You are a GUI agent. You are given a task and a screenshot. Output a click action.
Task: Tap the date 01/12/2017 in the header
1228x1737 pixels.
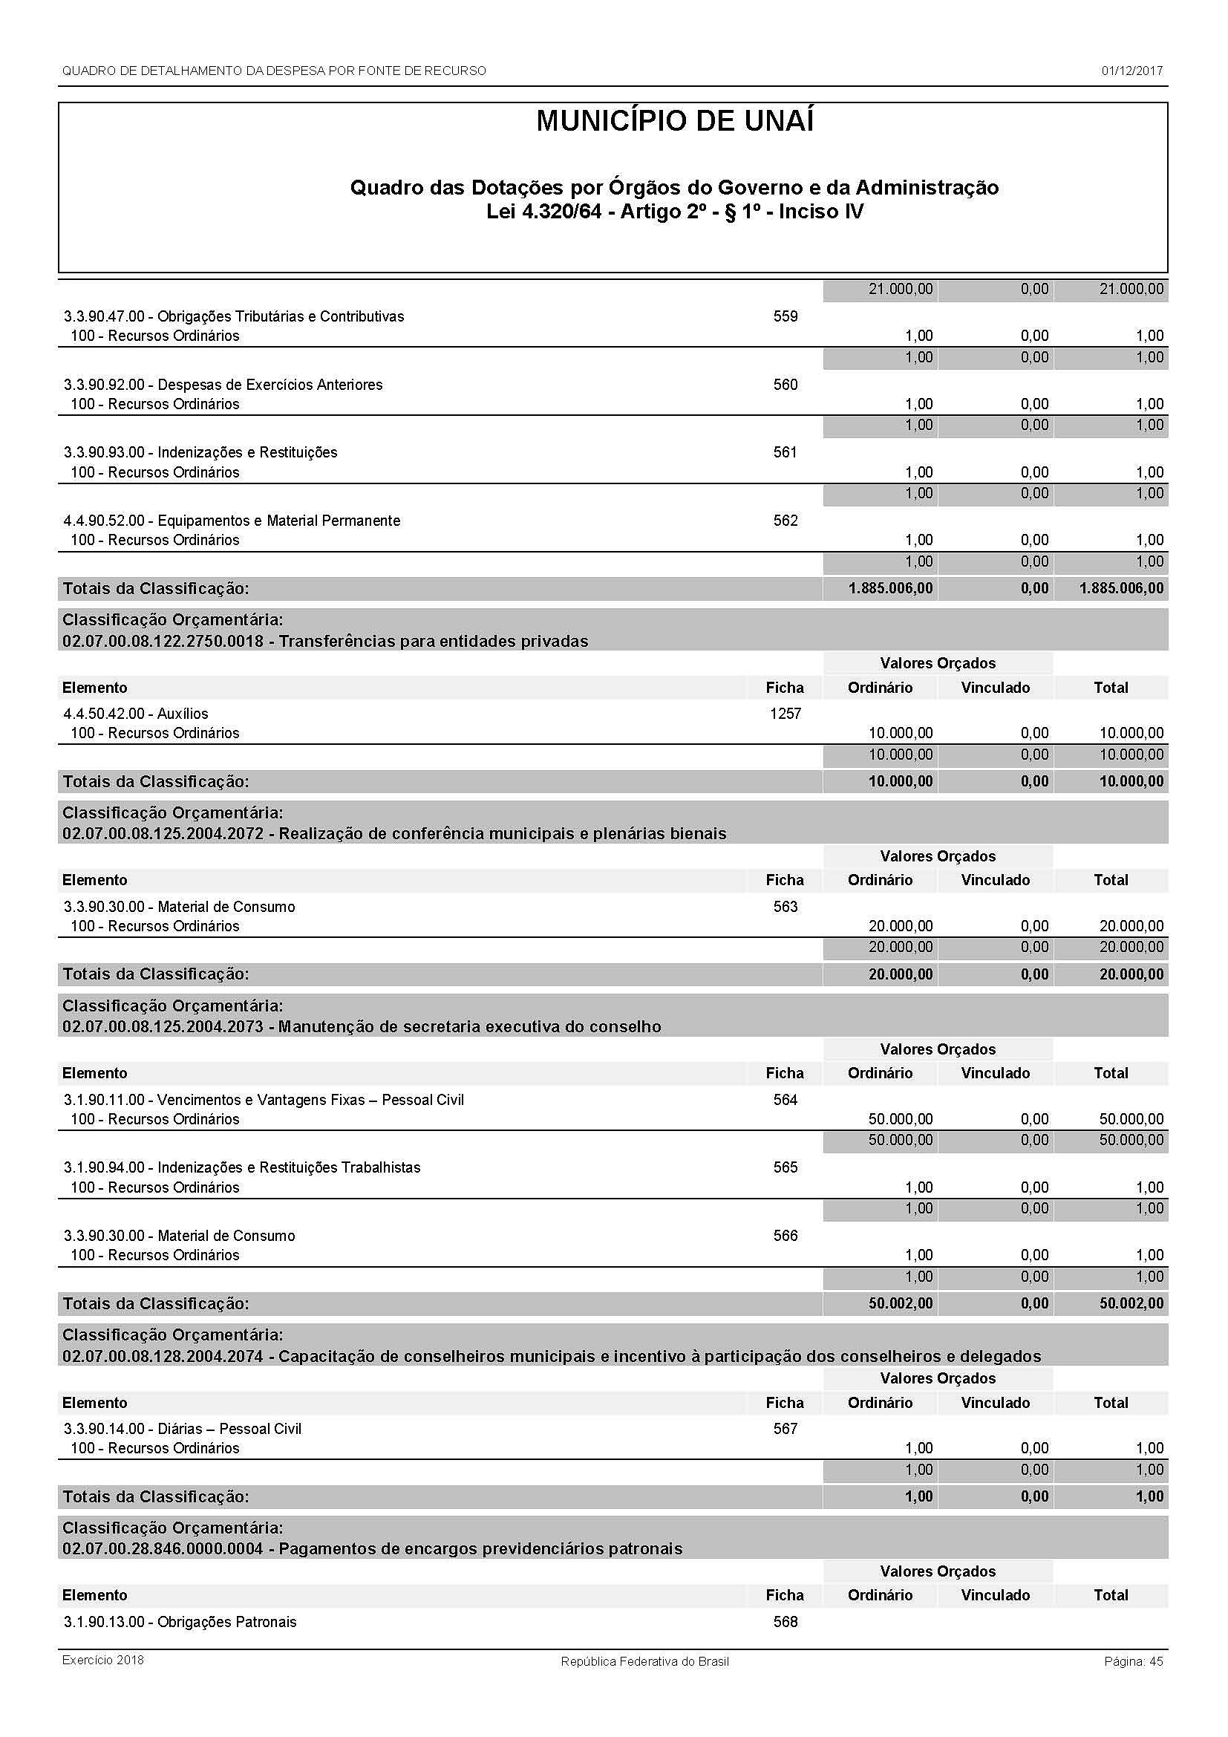1131,71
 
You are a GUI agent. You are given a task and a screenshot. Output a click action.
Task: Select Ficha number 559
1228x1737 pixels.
785,316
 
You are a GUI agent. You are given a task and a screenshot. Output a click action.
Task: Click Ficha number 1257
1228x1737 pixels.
785,714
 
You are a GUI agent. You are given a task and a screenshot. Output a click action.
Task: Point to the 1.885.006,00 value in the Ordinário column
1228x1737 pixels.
890,589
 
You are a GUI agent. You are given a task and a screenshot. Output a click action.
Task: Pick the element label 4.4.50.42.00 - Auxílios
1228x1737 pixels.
136,714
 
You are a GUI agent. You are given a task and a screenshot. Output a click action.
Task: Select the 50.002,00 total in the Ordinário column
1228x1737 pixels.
900,1303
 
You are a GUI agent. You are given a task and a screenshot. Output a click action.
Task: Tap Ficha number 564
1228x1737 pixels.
785,1100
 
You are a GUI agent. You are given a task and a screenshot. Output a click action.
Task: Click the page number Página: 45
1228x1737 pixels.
1133,1661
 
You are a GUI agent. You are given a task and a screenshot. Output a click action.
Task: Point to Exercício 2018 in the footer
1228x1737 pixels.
103,1661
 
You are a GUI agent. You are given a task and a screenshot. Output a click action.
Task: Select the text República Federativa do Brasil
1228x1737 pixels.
644,1661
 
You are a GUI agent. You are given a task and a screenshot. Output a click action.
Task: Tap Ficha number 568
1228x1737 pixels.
785,1622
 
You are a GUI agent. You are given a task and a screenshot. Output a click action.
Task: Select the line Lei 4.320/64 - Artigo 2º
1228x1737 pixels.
674,211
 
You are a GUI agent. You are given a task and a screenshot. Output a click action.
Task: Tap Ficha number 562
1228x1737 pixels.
785,521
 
